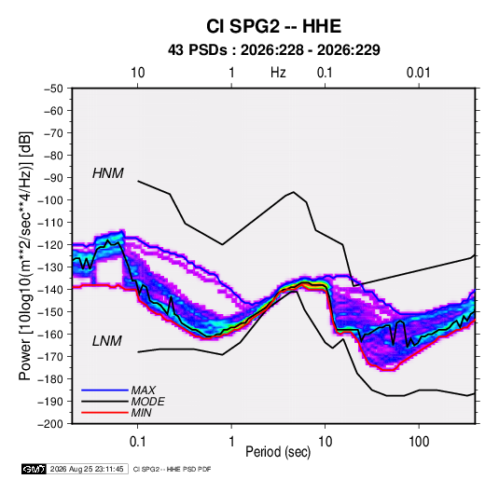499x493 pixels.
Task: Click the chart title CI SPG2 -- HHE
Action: click(273, 26)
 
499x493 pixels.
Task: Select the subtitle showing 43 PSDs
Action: click(273, 50)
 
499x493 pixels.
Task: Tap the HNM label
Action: click(108, 173)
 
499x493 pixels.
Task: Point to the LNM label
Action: click(107, 341)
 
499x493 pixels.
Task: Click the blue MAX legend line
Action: click(104, 390)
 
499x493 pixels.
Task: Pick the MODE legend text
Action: click(148, 402)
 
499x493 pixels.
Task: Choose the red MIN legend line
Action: click(104, 413)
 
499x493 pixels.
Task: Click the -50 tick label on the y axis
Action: click(53, 89)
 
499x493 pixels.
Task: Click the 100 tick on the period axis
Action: click(419, 442)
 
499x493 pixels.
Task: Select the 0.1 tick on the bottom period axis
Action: click(137, 442)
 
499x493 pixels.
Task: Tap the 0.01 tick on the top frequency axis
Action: click(418, 73)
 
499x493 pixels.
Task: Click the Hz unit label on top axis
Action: click(278, 73)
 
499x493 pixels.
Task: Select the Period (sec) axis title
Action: click(278, 452)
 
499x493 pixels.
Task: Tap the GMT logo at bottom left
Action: click(35, 469)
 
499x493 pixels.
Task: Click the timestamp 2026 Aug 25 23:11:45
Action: click(87, 469)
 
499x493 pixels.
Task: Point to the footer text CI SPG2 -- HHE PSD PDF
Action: click(172, 469)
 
